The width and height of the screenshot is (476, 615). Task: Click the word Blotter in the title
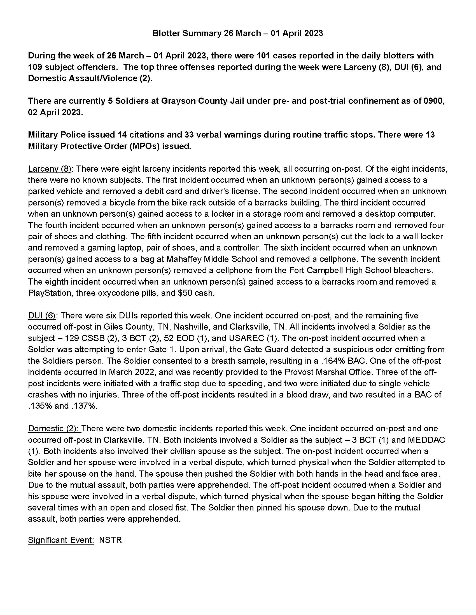tap(166, 33)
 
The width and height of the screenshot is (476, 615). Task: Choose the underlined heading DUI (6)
tap(41, 315)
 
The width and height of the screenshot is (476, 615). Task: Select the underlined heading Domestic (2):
tap(54, 428)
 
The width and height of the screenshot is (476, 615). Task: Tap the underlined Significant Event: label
tap(61, 540)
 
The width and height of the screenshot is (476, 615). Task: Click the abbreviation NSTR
tap(110, 540)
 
